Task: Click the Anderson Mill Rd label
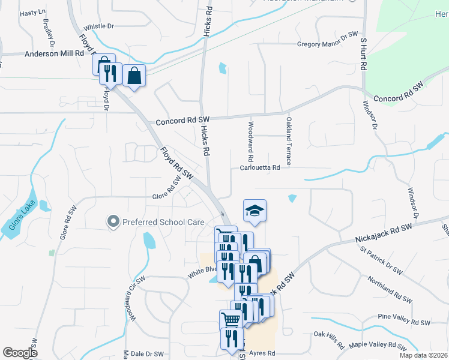coord(54,53)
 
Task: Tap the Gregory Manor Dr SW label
coord(327,44)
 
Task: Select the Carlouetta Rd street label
coord(260,168)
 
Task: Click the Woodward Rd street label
coord(250,143)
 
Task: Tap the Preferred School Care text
coord(163,222)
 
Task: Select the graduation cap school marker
coord(255,211)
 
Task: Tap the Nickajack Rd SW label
coord(384,230)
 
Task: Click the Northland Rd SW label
coord(390,290)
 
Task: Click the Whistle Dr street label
coord(99,26)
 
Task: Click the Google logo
coord(20,353)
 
